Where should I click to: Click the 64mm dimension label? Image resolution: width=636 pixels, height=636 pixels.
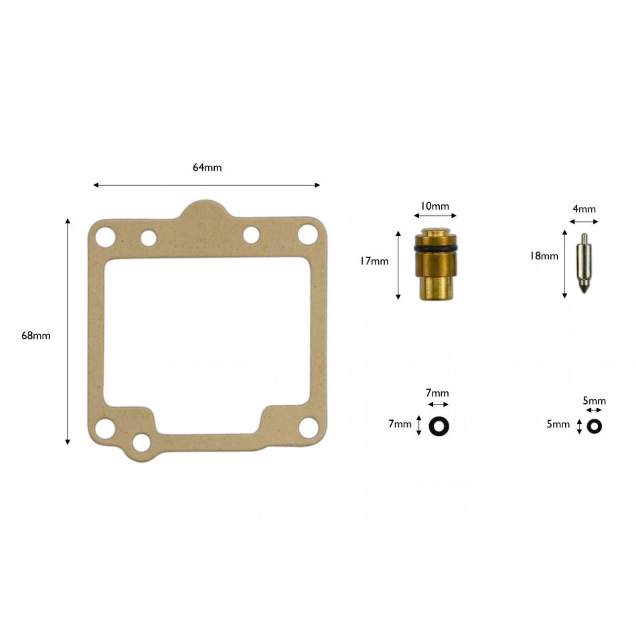click(x=207, y=167)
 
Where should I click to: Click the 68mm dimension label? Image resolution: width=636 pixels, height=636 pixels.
click(x=36, y=335)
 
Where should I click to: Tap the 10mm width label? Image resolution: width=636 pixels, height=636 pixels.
click(x=435, y=206)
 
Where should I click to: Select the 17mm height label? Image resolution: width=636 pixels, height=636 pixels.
click(x=374, y=261)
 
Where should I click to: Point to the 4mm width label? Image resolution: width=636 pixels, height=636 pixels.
click(x=584, y=209)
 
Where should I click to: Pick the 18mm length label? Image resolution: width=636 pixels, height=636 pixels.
click(x=544, y=256)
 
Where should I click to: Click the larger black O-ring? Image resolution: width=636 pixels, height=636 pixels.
click(x=439, y=426)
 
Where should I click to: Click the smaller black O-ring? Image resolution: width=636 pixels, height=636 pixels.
click(x=594, y=427)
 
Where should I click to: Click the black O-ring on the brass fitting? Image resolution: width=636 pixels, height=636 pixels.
click(x=435, y=248)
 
